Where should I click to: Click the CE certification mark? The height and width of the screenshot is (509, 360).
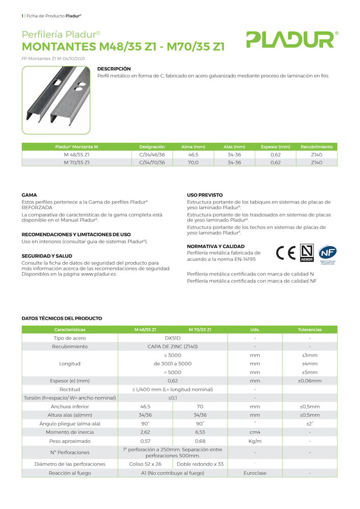point(285,252)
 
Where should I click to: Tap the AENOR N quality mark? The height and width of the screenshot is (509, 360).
point(307,253)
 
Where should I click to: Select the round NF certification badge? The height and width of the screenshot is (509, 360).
point(327,253)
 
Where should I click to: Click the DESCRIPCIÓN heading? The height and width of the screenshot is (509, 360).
point(114,69)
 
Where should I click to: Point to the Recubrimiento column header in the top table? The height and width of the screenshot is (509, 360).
point(316,147)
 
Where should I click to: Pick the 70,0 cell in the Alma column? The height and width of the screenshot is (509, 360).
point(193,162)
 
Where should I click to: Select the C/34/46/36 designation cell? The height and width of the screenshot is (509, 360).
point(152,154)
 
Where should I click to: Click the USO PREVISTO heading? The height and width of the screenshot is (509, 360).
point(205,195)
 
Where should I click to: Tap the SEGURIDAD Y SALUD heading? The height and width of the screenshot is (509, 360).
point(47,256)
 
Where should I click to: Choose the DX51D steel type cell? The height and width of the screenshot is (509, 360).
point(173,338)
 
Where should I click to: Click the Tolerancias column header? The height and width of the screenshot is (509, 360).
point(310,329)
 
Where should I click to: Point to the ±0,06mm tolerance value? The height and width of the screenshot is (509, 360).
point(310,381)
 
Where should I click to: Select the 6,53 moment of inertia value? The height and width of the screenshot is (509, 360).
point(200,432)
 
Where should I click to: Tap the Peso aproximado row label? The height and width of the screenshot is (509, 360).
point(70,441)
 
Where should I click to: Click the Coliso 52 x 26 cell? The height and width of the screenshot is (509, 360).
point(145,464)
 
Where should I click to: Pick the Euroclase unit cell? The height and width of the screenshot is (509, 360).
point(255,473)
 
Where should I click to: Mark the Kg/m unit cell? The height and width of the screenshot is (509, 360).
point(255,441)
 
